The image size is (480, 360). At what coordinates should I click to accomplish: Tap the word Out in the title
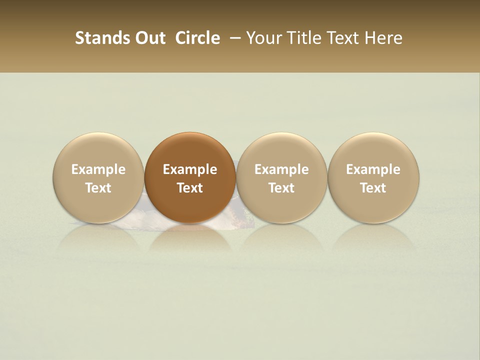[149, 38]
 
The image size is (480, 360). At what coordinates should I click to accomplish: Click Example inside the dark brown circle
[190, 169]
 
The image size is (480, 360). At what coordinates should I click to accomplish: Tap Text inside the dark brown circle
[190, 188]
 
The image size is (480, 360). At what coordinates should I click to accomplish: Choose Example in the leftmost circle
[98, 169]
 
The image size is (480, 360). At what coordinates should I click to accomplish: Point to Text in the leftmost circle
[98, 188]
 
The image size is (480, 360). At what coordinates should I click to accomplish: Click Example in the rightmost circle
[373, 169]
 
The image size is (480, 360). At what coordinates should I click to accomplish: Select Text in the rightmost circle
[373, 188]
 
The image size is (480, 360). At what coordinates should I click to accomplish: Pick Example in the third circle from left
[281, 169]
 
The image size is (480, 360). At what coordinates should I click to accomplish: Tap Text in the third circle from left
[281, 188]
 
